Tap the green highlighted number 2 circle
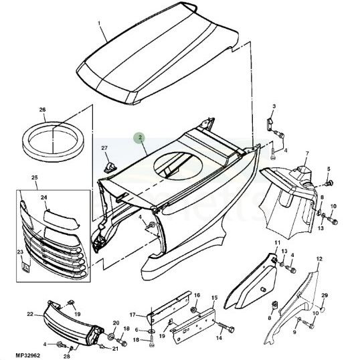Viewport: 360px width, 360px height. click(x=139, y=139)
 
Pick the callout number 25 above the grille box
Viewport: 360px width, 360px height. click(x=35, y=177)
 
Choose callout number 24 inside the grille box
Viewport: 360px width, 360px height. click(x=43, y=197)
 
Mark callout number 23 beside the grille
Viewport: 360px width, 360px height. click(x=19, y=252)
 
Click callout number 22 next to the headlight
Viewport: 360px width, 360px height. click(x=30, y=313)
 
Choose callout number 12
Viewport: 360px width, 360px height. click(x=319, y=259)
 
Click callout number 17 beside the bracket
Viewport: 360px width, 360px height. click(x=132, y=314)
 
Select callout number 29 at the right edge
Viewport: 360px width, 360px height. click(x=325, y=296)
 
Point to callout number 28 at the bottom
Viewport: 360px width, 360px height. click(x=67, y=356)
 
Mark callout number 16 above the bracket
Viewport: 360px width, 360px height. click(x=197, y=295)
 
